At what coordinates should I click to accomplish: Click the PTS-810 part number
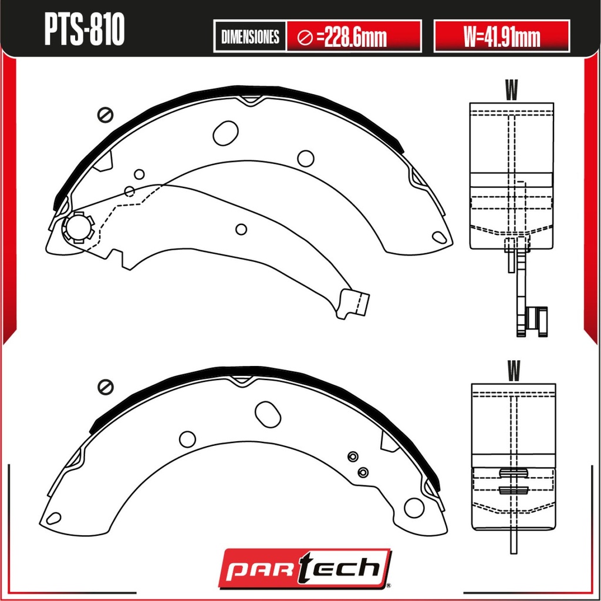click(x=85, y=29)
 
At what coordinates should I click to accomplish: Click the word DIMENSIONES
click(x=250, y=37)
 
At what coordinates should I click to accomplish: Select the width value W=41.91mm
click(x=502, y=37)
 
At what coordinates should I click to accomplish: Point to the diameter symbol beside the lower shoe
click(x=106, y=386)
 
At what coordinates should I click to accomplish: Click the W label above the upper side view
click(x=512, y=90)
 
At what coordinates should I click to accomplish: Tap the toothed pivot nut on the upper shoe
click(x=79, y=227)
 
